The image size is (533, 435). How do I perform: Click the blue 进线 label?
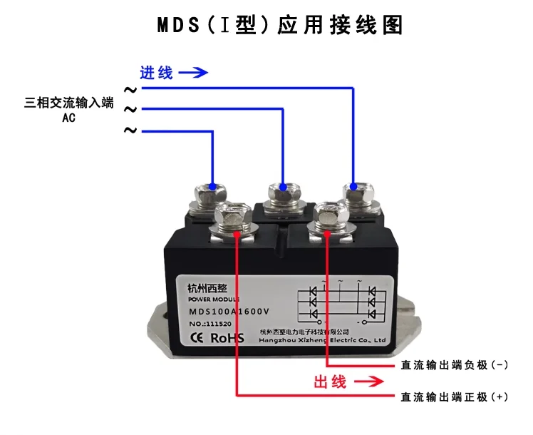pos(157,73)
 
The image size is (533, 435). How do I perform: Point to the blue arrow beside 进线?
pos(193,73)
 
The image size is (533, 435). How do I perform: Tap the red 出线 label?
pos(331,382)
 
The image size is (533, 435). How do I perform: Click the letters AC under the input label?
pos(69,118)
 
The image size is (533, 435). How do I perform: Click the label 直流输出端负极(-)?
pos(455,365)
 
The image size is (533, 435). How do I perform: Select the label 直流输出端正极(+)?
pos(455,396)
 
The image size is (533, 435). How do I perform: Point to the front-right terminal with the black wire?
pos(327,216)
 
